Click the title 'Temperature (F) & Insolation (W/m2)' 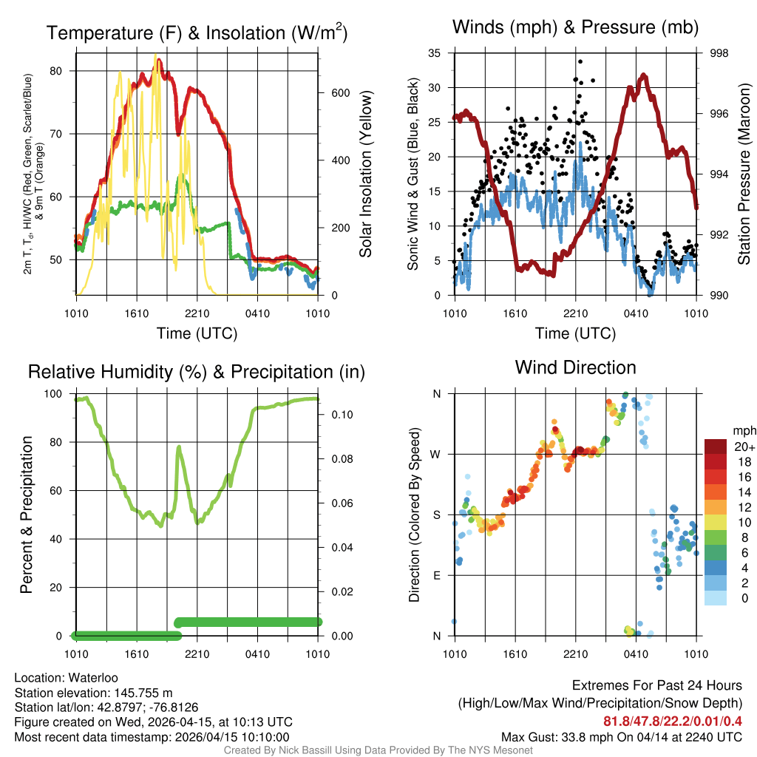pos(197,33)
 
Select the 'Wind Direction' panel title pos(575,367)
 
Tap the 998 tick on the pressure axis pos(719,53)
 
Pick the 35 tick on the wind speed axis pos(434,53)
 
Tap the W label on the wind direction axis pos(437,454)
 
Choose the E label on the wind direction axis pos(437,575)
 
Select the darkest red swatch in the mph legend pos(715,446)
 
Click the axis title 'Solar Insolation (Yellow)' pos(365,174)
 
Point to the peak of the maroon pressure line pos(644,75)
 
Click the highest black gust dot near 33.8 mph pos(580,61)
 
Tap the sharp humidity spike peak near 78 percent pos(179,447)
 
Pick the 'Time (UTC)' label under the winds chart pos(575,333)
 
